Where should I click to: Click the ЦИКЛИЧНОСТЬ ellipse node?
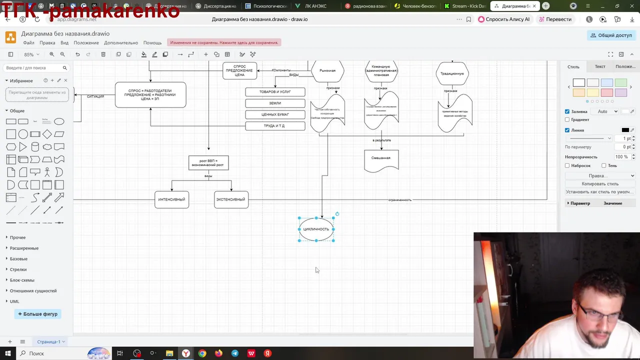(316, 229)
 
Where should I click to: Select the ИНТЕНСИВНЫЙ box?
(171, 199)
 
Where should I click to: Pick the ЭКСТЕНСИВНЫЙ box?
(231, 199)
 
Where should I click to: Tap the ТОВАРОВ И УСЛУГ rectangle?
(275, 92)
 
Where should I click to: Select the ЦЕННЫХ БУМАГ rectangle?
(275, 114)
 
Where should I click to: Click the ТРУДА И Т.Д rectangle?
(275, 126)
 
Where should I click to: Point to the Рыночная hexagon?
(327, 71)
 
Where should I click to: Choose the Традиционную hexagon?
(452, 73)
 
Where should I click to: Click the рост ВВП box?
(208, 162)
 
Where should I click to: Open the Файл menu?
(28, 42)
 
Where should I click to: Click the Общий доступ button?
(611, 35)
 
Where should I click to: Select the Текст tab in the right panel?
(600, 66)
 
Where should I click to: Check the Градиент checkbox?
(567, 120)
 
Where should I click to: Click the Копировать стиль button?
(600, 184)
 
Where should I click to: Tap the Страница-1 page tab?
(48, 342)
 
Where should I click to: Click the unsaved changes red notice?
(223, 42)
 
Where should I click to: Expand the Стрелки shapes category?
(18, 269)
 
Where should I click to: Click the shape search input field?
(33, 68)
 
